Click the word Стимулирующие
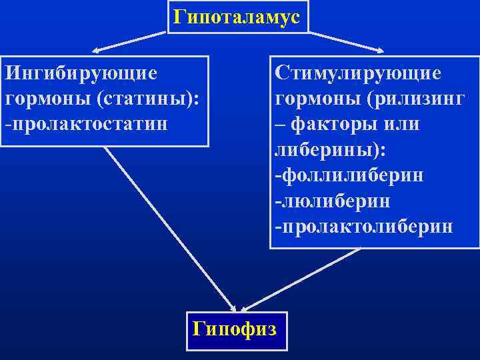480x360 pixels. (x=357, y=71)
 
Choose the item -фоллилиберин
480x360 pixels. (x=349, y=175)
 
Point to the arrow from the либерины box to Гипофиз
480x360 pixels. (x=300, y=280)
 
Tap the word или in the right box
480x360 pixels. (x=403, y=124)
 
